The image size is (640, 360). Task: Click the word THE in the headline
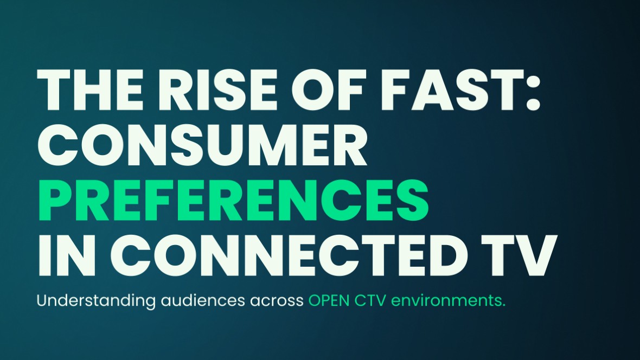pos(90,90)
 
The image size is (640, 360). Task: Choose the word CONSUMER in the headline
pos(202,145)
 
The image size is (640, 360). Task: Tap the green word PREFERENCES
pos(233,201)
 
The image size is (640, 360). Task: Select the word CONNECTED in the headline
pos(290,255)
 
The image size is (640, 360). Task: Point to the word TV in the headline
pos(519,255)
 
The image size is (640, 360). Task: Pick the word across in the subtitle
pos(277,303)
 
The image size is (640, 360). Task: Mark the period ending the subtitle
pos(503,306)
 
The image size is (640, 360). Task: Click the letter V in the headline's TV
pos(537,255)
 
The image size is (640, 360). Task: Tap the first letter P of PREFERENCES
pos(55,201)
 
